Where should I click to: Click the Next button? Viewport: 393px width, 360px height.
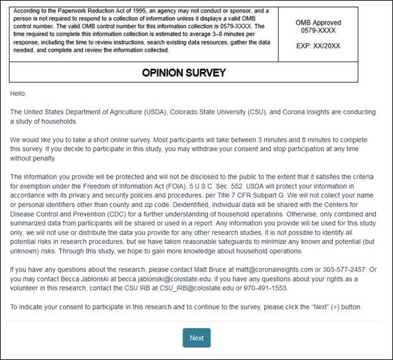click(196, 338)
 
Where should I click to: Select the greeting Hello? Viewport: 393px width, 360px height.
click(19, 93)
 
